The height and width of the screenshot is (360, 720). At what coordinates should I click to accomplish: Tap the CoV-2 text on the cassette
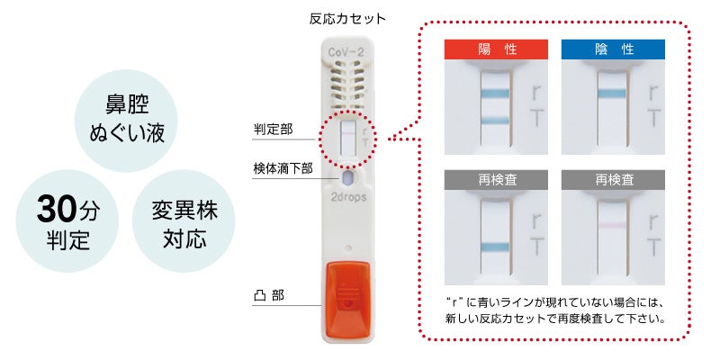(x=346, y=53)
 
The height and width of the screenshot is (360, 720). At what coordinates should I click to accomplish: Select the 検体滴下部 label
(x=282, y=167)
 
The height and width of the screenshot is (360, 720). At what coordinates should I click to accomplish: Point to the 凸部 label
(x=269, y=294)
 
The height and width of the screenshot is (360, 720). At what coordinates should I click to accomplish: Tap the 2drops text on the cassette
(x=346, y=195)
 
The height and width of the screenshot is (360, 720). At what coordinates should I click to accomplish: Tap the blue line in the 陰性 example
(x=613, y=93)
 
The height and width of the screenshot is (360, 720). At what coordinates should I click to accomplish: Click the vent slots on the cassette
(x=346, y=87)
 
